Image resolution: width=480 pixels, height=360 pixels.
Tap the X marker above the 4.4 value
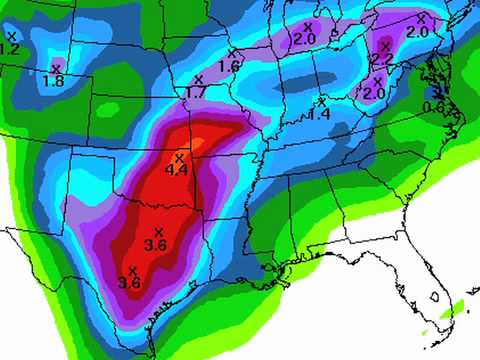point(179,158)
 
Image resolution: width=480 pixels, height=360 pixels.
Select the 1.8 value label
point(54,80)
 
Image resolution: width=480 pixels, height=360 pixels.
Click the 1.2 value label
point(10,47)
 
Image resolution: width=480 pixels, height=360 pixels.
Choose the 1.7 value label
point(196,91)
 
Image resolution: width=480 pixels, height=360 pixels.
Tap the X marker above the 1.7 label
point(198,79)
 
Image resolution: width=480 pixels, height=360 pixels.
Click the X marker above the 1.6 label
point(232,53)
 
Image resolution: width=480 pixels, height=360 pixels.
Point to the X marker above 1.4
point(322,102)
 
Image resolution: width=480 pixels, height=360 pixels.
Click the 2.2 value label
point(383,58)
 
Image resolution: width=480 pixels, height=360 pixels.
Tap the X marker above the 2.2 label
point(385,46)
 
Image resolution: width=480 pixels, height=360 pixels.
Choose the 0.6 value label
point(433,107)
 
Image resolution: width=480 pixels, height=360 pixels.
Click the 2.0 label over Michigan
point(305,39)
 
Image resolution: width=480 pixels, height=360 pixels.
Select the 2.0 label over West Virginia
point(374,92)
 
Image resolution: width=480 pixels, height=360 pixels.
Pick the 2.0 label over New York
point(418,31)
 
